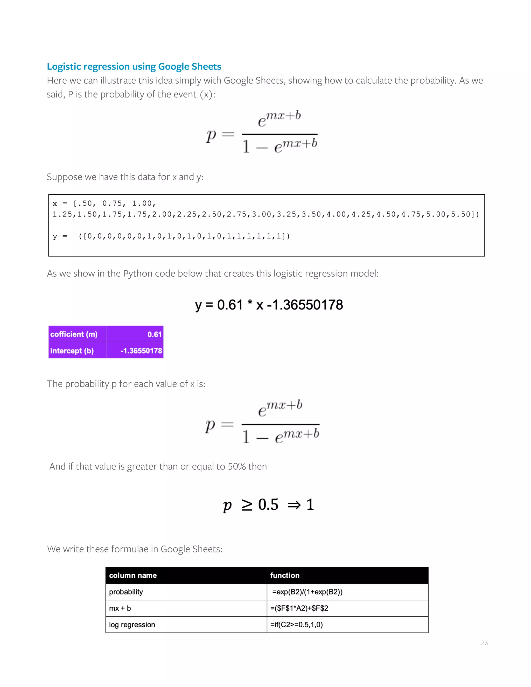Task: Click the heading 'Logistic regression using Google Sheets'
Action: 134,67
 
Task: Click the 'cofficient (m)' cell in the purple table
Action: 74,334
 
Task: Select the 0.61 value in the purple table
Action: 155,334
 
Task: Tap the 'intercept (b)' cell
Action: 72,351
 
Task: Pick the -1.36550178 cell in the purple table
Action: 141,351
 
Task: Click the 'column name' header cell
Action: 133,575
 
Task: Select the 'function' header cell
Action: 285,575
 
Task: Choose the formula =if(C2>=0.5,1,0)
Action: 296,625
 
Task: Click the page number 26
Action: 484,643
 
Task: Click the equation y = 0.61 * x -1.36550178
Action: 269,305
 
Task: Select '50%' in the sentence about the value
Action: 236,466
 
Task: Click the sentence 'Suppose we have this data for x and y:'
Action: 125,177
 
